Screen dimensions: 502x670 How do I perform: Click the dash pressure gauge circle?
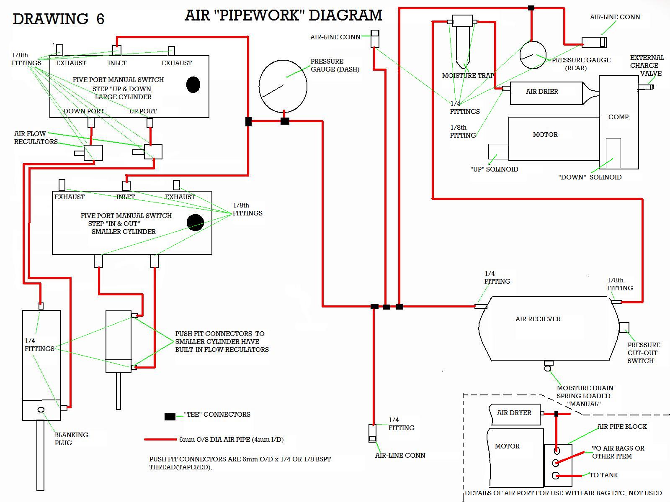point(283,86)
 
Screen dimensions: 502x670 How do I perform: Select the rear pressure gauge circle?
point(533,55)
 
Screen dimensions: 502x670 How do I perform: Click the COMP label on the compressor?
point(618,117)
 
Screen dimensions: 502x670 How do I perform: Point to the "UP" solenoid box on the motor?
point(498,151)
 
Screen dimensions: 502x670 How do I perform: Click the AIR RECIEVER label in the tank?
point(538,319)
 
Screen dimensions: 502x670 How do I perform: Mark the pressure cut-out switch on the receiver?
point(624,327)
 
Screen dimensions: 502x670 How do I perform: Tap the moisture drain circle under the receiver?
point(548,369)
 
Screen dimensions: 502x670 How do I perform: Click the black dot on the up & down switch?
point(193,85)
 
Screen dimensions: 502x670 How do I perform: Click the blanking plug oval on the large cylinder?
point(41,410)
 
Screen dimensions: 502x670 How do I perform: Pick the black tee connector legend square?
point(170,416)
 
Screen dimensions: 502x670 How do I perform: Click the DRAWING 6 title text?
point(58,19)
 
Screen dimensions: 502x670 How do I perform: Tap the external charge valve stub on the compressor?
point(645,87)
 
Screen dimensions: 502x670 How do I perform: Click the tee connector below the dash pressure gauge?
point(285,121)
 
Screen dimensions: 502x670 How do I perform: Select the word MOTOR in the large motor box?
point(545,135)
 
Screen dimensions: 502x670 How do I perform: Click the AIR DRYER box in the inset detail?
point(515,413)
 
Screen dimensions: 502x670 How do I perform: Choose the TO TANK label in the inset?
point(603,475)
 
